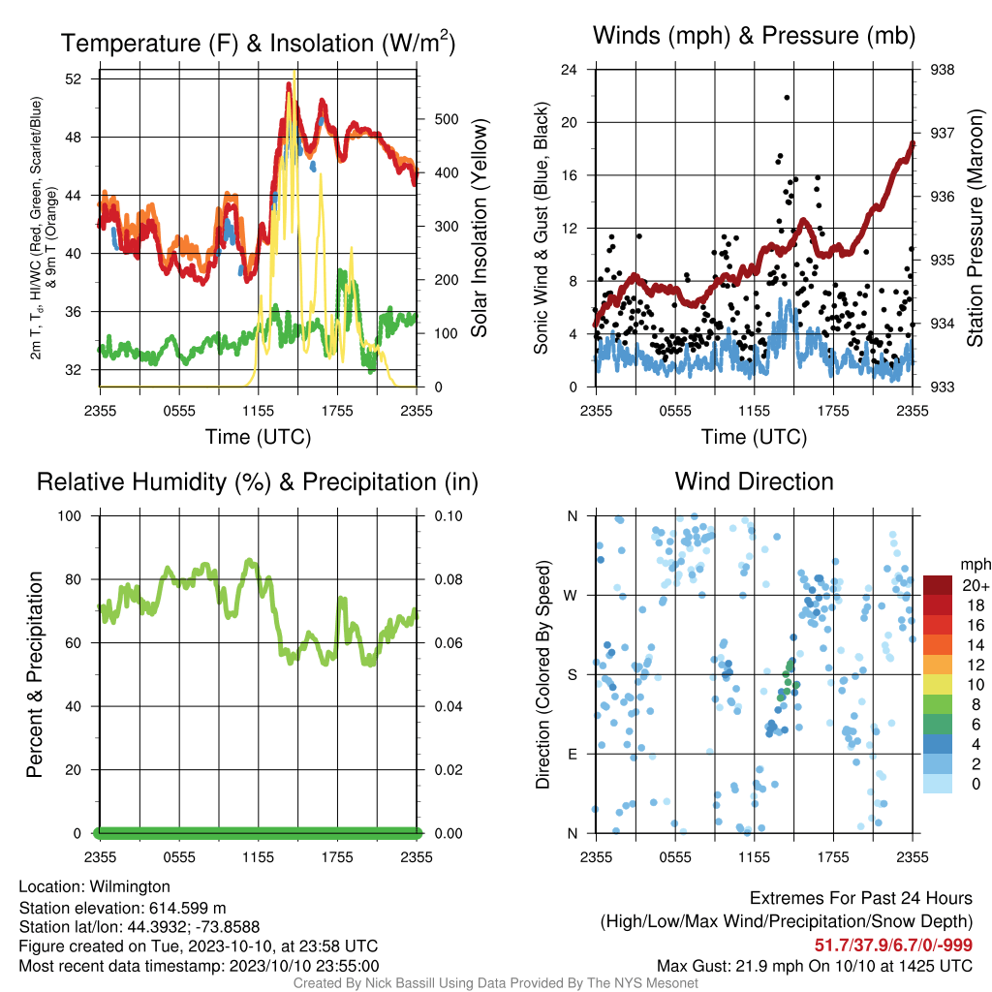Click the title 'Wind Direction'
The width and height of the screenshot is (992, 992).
(x=754, y=481)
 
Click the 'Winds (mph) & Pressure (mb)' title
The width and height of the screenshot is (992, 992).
(x=754, y=36)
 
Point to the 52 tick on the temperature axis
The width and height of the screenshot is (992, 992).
(x=74, y=79)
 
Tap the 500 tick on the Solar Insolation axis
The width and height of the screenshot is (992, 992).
(x=446, y=119)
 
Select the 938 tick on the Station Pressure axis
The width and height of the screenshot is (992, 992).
(x=942, y=70)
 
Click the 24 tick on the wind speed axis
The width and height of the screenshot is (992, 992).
(x=569, y=70)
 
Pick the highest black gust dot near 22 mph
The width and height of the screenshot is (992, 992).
(x=787, y=98)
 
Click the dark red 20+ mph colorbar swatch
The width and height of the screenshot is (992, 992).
(x=938, y=585)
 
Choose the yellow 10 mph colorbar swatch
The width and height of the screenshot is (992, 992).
(x=938, y=685)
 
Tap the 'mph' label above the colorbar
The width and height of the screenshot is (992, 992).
(x=975, y=565)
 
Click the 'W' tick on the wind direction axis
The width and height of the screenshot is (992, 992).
(x=571, y=596)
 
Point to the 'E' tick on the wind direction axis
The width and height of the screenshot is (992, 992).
(x=573, y=754)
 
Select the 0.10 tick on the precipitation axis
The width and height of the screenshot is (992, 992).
(x=448, y=516)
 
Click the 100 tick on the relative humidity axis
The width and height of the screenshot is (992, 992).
(x=70, y=516)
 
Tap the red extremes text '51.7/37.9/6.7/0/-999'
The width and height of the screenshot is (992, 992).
(x=893, y=945)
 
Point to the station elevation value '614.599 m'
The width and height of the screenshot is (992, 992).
(x=187, y=909)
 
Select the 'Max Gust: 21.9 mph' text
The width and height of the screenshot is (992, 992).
(x=728, y=966)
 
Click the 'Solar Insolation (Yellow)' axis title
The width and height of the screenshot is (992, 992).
(x=480, y=228)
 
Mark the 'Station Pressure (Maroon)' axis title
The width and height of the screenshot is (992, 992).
(x=976, y=228)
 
